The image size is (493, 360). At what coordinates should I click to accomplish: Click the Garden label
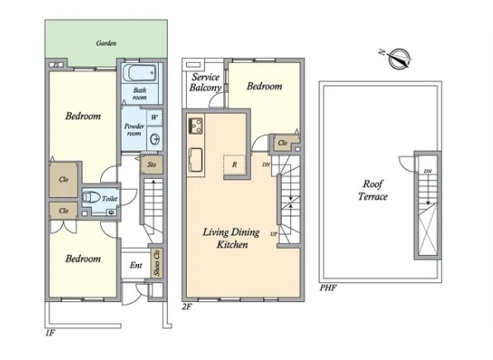coord(106,43)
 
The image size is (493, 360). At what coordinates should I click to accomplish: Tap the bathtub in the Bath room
coord(139,73)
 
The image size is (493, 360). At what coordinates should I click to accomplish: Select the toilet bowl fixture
coord(90,198)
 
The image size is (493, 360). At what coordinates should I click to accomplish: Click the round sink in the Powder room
coord(155,139)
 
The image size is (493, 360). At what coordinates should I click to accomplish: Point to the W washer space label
coord(154,118)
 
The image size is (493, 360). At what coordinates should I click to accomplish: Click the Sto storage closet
coord(152,164)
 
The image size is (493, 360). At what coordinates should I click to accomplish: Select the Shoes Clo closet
coord(156,263)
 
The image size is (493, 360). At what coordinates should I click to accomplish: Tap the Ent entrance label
coord(136,266)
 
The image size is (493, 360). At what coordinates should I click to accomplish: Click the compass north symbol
coord(398,59)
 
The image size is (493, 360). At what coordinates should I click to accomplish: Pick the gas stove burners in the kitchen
coord(195,126)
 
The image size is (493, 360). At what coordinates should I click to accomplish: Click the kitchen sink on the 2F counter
coord(195,160)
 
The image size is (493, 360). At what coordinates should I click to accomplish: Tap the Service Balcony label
coord(206,82)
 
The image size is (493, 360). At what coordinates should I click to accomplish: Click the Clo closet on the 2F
coord(283,143)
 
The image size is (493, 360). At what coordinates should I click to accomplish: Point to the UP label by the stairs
coord(274,234)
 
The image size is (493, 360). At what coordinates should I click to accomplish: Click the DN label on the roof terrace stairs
coord(428,171)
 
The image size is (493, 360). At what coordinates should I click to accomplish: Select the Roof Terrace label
coord(373,190)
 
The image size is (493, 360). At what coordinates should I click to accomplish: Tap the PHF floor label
coord(328,288)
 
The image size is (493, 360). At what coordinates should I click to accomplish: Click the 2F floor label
coord(187,306)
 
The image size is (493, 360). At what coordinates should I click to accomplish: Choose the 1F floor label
coord(50,333)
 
